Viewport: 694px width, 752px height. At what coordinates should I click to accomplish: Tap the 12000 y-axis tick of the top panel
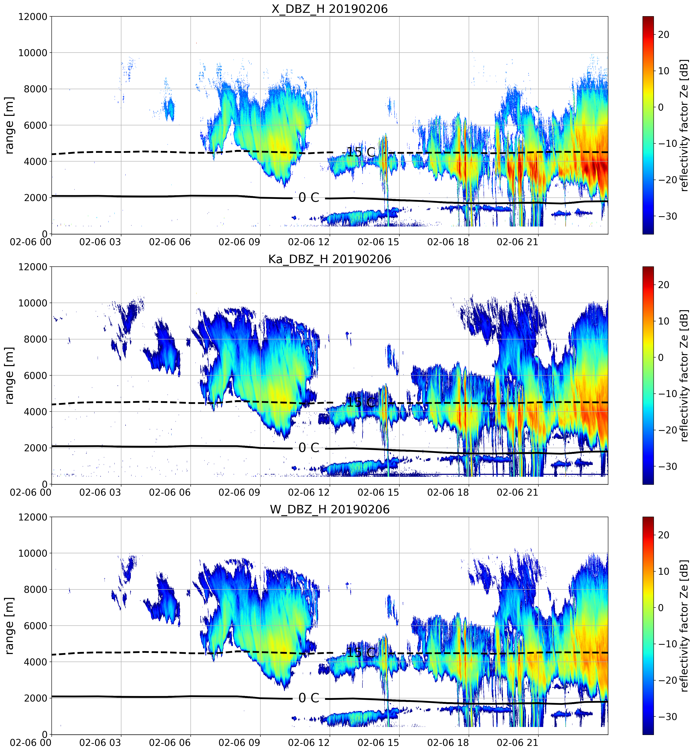click(x=33, y=17)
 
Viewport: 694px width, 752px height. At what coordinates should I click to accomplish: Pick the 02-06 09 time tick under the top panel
click(x=239, y=242)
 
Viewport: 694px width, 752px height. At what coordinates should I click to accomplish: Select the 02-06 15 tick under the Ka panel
click(x=378, y=492)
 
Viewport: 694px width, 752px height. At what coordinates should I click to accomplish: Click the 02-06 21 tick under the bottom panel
click(x=517, y=742)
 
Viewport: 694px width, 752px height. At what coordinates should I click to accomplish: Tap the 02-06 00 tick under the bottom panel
click(x=31, y=742)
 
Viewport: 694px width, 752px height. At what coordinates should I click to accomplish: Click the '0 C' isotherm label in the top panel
click(x=309, y=197)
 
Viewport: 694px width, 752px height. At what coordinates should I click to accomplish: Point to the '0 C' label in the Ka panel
click(x=309, y=448)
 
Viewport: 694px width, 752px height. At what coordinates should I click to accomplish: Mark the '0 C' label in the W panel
click(x=309, y=698)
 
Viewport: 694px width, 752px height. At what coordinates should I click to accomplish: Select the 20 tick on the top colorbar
click(x=664, y=34)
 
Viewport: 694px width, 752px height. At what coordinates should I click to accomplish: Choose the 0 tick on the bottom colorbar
click(x=661, y=608)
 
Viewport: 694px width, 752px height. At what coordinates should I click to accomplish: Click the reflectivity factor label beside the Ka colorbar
click(x=684, y=375)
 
